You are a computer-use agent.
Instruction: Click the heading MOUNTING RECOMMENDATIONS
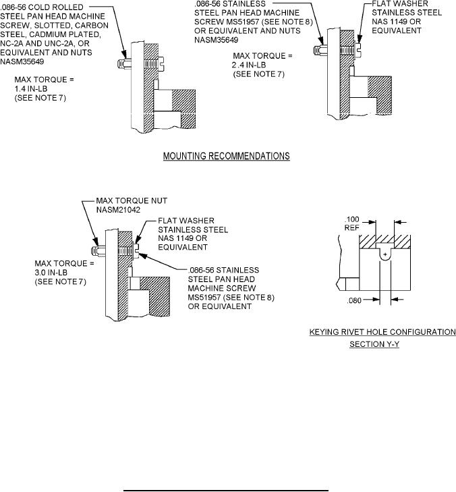227,156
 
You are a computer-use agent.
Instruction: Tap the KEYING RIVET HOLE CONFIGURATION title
382,331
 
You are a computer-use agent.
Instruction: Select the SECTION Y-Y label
374,344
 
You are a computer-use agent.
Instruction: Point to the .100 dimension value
352,219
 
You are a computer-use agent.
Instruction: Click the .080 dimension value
354,300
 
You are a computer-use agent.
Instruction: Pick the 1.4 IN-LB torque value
31,89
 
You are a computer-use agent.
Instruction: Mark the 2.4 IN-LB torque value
249,65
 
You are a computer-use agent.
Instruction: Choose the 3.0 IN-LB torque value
51,273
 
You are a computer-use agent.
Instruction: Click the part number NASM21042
118,210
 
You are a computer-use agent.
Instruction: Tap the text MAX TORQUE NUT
132,201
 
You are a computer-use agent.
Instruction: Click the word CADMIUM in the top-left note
49,34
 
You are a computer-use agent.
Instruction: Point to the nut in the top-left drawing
124,63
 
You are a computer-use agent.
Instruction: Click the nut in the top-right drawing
320,50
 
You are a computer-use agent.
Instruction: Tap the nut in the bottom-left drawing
98,250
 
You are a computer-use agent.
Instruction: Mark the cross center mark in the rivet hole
385,254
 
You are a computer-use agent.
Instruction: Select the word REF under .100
352,228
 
